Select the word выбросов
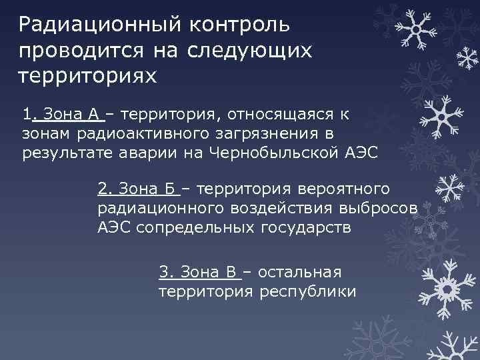(x=378, y=209)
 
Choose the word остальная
(x=299, y=272)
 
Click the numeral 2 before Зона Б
(x=101, y=190)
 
